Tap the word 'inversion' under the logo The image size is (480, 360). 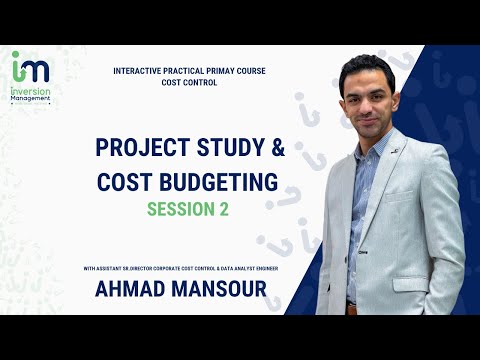click(27, 89)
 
